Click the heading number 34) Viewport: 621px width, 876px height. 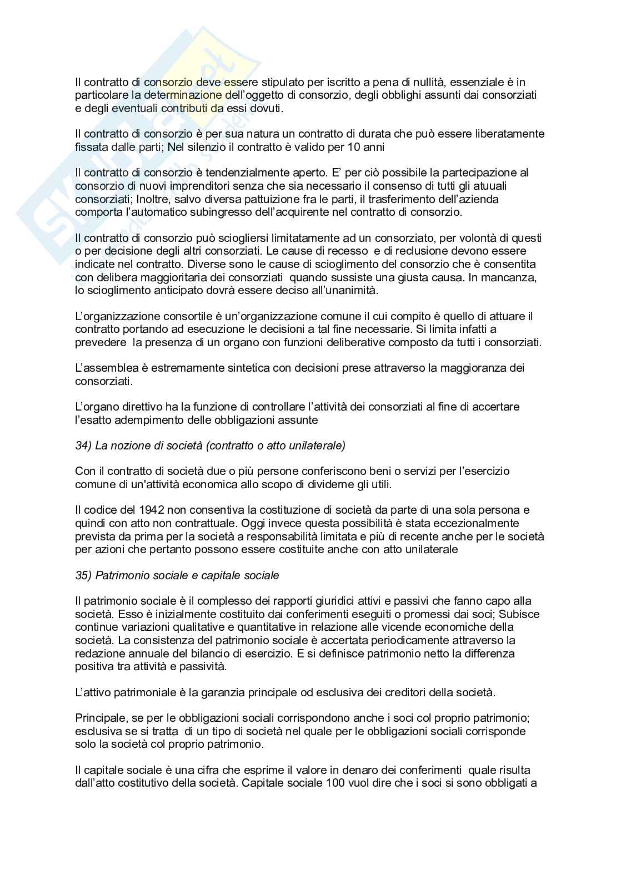(x=84, y=445)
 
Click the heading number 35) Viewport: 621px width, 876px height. (x=84, y=575)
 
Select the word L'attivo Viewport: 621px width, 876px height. (x=94, y=692)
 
